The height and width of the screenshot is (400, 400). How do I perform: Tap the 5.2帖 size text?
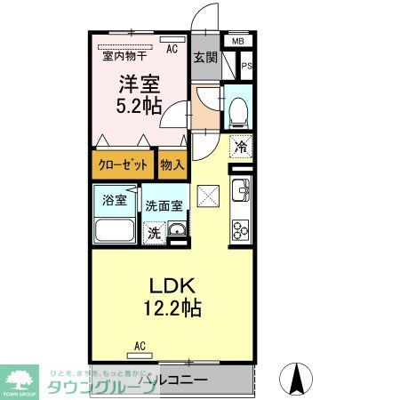(139, 105)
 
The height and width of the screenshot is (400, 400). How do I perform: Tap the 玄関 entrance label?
(204, 59)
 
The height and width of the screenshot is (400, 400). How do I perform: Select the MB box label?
(237, 41)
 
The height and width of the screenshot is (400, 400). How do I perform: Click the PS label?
(247, 65)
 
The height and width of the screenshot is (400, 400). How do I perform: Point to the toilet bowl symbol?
(239, 112)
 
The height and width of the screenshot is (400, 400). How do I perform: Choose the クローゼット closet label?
(123, 164)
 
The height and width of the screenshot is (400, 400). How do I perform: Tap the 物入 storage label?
(172, 164)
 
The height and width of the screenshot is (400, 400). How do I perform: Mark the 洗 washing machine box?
(154, 234)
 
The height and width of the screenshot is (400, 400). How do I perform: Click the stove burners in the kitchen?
(240, 229)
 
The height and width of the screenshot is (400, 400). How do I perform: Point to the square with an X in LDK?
(208, 194)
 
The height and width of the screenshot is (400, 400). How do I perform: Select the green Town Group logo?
(20, 379)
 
